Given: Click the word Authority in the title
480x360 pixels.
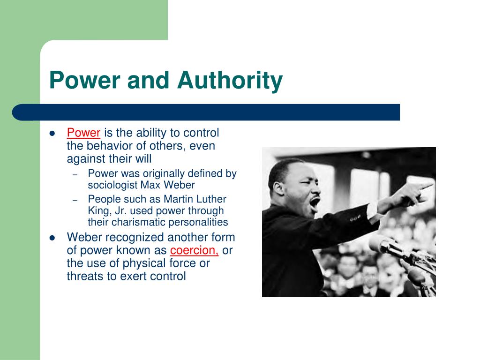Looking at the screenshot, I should (x=230, y=80).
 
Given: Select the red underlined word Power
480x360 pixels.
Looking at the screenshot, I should (x=83, y=133).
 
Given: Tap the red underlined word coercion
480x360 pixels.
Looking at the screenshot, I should (x=194, y=250).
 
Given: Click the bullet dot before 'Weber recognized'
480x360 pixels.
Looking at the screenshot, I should (x=52, y=238).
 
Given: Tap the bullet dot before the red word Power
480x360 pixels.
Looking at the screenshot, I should (x=52, y=133).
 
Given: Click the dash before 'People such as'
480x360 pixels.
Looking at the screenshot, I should (x=75, y=200).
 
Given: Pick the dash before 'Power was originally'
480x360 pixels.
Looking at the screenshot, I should (x=75, y=174).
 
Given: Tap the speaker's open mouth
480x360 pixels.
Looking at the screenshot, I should (x=315, y=202).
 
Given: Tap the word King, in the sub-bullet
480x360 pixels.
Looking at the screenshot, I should (x=98, y=210).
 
